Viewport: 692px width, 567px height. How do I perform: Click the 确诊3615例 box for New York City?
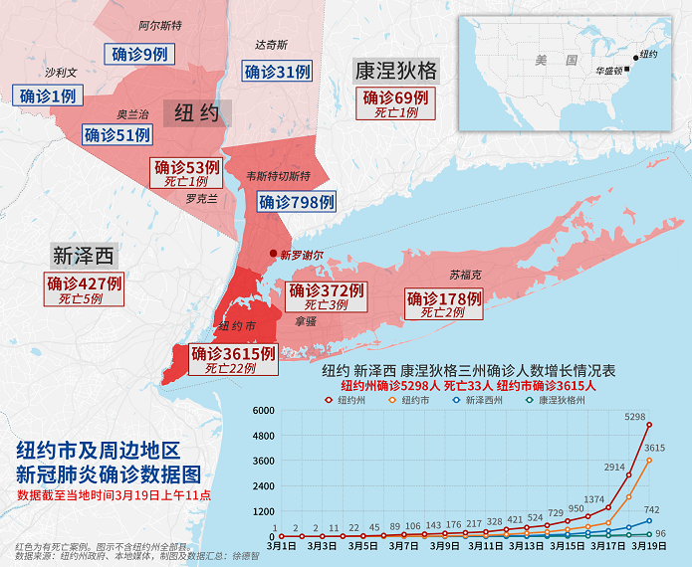click(232, 359)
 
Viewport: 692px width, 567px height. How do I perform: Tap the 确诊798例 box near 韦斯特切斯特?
click(296, 202)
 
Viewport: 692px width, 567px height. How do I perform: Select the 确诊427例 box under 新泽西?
click(85, 289)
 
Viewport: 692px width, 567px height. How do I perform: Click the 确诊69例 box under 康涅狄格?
click(395, 103)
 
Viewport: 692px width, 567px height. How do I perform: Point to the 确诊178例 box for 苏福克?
click(443, 304)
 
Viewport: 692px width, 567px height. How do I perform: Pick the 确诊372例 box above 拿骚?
click(326, 296)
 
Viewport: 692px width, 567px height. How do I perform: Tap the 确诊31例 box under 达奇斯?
click(278, 72)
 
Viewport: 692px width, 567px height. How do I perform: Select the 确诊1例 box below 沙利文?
click(48, 95)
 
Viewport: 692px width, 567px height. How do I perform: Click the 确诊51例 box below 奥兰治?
click(117, 135)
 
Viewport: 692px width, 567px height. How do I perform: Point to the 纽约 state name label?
click(196, 112)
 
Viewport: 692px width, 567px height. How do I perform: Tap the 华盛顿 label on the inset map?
click(608, 71)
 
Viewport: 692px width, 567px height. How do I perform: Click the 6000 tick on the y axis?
click(262, 411)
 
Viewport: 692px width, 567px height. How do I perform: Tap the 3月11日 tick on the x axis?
click(489, 546)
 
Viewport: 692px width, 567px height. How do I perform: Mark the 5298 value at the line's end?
click(636, 417)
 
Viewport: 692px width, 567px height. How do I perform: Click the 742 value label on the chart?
click(652, 508)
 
